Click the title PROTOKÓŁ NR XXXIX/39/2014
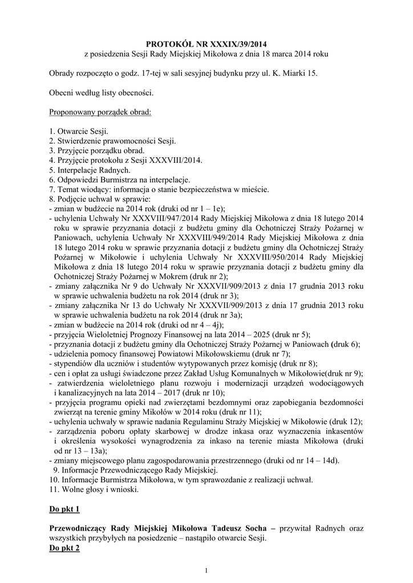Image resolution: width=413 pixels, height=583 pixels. point(206,43)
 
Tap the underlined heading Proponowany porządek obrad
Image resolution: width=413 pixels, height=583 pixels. point(100,112)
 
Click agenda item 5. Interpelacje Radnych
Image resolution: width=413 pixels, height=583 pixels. point(90,170)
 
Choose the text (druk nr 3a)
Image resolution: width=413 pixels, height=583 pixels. point(217,315)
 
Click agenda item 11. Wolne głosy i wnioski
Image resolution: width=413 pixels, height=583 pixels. point(94,489)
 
